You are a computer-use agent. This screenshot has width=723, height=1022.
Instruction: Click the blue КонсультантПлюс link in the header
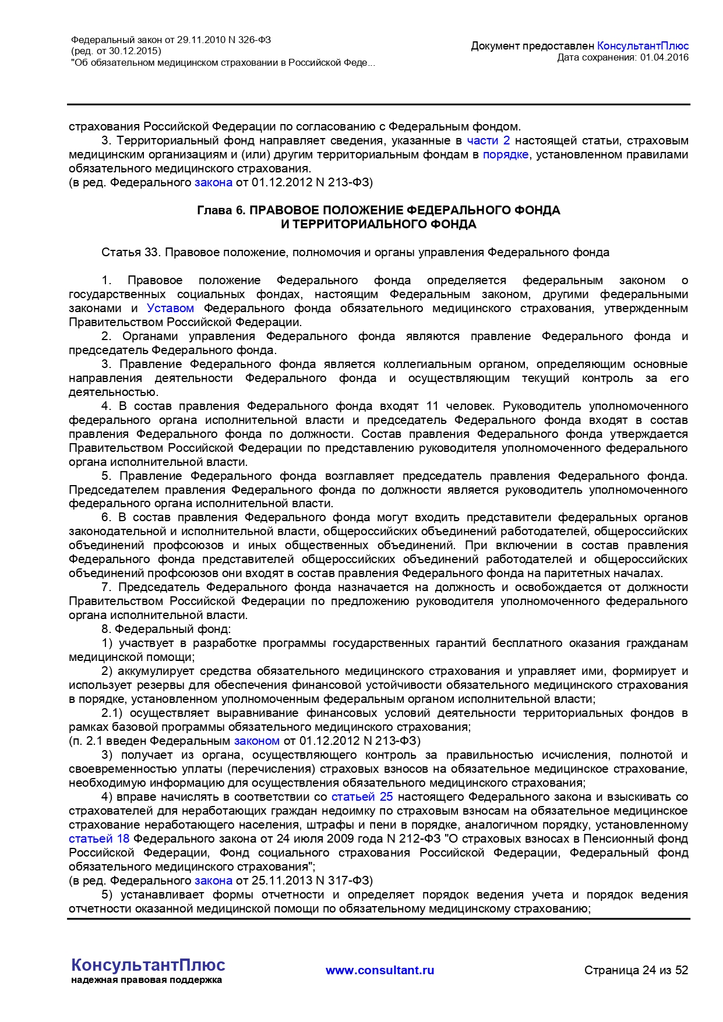(x=643, y=46)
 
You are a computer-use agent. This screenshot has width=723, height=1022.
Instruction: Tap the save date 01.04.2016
(x=664, y=57)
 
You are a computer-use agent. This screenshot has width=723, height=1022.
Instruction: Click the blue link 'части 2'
(x=488, y=140)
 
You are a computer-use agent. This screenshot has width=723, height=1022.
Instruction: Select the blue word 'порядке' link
(x=505, y=154)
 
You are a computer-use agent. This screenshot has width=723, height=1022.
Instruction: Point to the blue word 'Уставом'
(x=170, y=308)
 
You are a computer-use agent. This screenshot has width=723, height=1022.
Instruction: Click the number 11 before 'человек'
(x=432, y=406)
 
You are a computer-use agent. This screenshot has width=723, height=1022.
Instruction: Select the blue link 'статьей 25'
(x=362, y=797)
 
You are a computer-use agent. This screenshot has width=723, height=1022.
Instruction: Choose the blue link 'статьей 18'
(x=99, y=839)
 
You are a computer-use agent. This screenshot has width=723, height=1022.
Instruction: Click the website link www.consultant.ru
(x=380, y=970)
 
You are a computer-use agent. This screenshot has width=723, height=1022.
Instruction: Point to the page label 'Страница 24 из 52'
(x=636, y=970)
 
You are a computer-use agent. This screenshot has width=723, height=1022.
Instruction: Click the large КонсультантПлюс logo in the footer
(x=148, y=965)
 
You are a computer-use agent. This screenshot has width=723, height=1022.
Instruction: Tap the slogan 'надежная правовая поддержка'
(x=146, y=980)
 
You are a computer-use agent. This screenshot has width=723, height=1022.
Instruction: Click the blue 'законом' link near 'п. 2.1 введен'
(x=256, y=741)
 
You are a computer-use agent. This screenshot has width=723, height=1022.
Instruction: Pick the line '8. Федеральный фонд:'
(x=166, y=629)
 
